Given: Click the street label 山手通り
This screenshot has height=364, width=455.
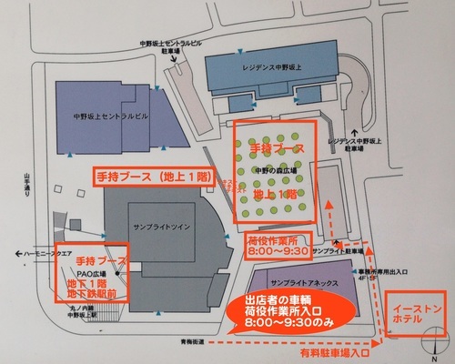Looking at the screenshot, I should [27, 187].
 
